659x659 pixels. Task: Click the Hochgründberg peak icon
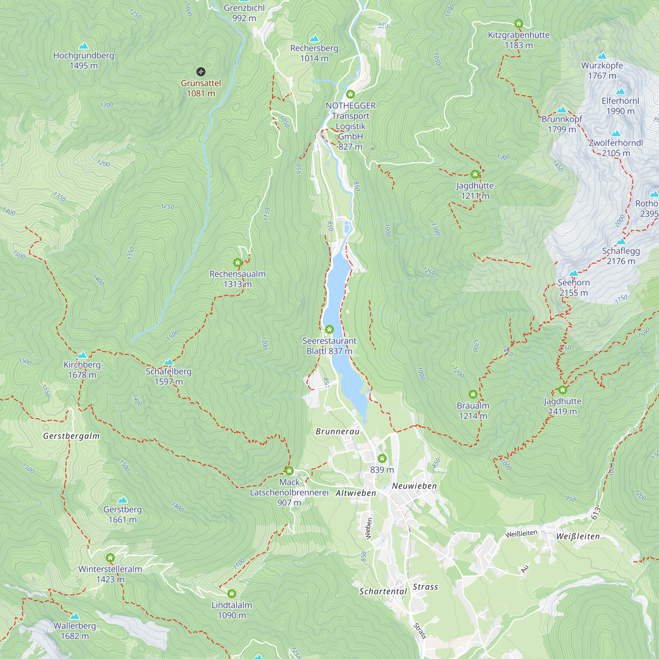[x=84, y=46]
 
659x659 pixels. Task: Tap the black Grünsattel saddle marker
[x=201, y=72]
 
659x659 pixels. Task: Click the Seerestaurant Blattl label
[x=329, y=346]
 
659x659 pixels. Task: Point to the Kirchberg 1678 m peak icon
[x=82, y=355]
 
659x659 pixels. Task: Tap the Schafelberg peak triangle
[x=168, y=362]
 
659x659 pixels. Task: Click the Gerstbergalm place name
[x=71, y=436]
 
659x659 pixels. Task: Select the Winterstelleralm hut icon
[x=110, y=558]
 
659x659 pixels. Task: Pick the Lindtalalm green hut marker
[x=232, y=594]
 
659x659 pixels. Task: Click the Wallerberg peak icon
[x=75, y=616]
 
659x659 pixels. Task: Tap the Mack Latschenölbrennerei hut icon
[x=289, y=471]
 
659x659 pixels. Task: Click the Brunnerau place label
[x=337, y=432]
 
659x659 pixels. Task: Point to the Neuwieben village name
[x=414, y=486]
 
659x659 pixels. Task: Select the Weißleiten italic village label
[x=578, y=536]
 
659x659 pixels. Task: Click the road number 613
[x=595, y=513]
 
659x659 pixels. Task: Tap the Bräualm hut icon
[x=473, y=394]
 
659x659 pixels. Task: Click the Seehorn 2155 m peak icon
[x=574, y=273]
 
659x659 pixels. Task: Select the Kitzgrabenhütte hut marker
[x=518, y=23]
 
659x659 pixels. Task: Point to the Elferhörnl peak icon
[x=620, y=91]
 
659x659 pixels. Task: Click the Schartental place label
[x=383, y=591]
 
